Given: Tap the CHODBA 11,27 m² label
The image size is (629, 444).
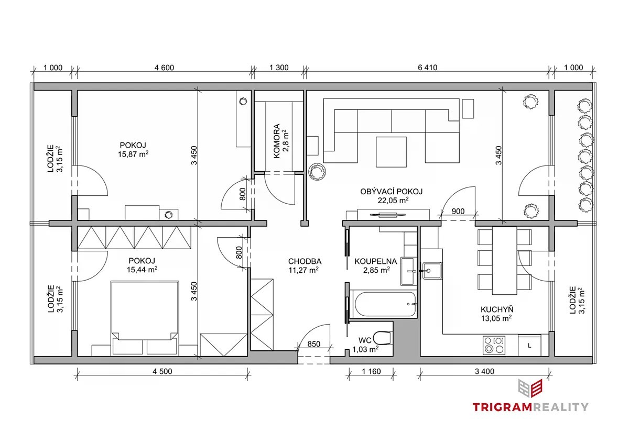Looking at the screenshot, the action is (x=305, y=265).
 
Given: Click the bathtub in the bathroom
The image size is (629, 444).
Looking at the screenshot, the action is (x=385, y=304).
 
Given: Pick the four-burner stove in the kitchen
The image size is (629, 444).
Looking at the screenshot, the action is (x=494, y=345).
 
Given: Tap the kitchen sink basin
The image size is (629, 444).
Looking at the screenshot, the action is (x=432, y=271).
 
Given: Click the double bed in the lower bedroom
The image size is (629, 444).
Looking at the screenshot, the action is (x=145, y=318).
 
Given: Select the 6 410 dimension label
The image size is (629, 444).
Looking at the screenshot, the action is (x=427, y=68).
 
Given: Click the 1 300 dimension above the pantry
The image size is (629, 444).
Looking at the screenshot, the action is (x=279, y=68).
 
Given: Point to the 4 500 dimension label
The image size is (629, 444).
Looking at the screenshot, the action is (x=162, y=371).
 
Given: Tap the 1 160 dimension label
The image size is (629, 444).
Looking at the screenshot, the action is (x=371, y=371).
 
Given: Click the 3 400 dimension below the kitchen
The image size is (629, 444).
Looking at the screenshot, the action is (x=484, y=371).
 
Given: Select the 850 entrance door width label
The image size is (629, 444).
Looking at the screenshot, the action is (x=313, y=344).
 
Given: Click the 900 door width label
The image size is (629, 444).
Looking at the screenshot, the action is (x=458, y=211).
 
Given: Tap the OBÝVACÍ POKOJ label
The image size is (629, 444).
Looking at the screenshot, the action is (x=392, y=192).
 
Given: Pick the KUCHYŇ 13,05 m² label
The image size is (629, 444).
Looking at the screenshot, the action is (x=497, y=314).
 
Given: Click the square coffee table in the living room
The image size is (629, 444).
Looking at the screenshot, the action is (x=391, y=152).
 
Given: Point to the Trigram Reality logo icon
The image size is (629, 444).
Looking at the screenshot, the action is (x=530, y=388).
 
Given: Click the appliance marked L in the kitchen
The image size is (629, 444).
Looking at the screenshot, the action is (x=529, y=346).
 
